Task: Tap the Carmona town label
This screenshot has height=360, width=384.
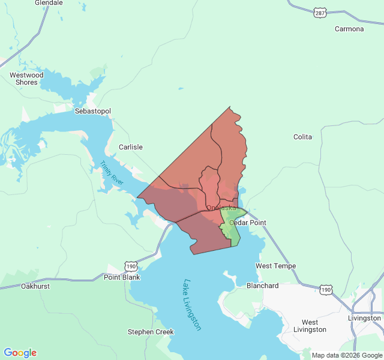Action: [x=349, y=29]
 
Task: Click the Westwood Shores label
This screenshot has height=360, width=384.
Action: [x=26, y=79]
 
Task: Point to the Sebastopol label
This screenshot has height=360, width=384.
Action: [x=92, y=112]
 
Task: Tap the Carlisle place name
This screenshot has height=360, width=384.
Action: [x=130, y=147]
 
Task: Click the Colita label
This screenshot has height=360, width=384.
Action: [x=302, y=137]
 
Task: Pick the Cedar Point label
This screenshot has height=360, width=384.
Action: [x=247, y=223]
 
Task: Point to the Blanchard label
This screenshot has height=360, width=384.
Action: [x=262, y=286]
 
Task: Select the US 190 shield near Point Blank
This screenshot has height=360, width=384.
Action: [x=131, y=265]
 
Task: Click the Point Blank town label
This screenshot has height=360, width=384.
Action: [x=122, y=277]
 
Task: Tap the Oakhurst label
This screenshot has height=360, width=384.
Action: [x=35, y=286]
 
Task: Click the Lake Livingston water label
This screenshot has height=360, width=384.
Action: [x=193, y=305]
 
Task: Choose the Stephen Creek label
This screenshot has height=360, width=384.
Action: [x=151, y=332]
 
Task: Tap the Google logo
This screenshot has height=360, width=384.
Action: [x=20, y=353]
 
